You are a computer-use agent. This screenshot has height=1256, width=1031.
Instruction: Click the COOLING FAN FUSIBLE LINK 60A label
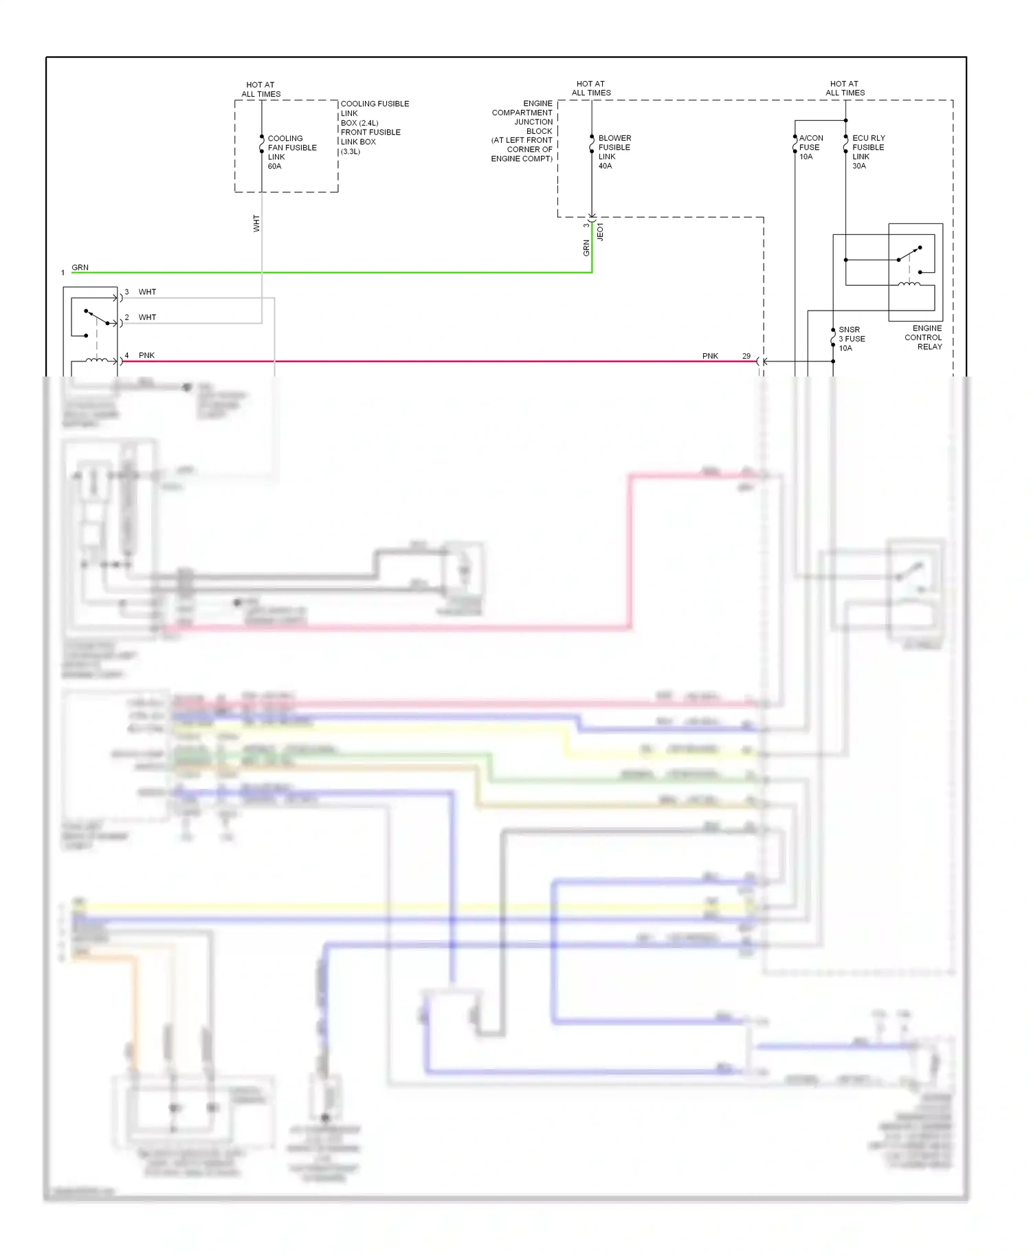[291, 152]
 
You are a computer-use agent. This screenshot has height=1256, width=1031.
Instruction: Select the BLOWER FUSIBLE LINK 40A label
[614, 152]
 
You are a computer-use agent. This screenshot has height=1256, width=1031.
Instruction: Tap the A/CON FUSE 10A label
[810, 147]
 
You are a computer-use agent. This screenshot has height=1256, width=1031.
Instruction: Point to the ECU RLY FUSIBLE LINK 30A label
[868, 152]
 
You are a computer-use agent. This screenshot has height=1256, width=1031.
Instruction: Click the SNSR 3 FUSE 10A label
[851, 339]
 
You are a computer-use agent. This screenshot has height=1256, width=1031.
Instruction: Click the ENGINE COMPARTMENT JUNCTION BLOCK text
[522, 131]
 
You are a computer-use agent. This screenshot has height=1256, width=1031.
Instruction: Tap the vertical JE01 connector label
[600, 232]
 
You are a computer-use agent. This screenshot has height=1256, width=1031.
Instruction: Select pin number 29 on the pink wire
[746, 356]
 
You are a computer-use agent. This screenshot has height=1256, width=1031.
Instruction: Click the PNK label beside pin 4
[146, 355]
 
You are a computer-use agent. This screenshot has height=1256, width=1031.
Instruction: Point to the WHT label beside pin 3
[147, 292]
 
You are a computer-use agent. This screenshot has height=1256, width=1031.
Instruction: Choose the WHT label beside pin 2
[147, 317]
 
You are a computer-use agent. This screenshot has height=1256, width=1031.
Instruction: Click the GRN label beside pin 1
[80, 267]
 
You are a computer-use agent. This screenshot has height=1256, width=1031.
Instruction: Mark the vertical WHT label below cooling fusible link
[256, 223]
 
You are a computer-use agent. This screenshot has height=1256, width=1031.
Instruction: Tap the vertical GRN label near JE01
[586, 247]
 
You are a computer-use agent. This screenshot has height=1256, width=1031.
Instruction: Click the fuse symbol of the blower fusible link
[592, 144]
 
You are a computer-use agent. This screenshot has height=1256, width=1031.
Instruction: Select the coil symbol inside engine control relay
[909, 283]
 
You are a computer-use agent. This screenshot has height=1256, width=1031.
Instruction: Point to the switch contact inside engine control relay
[909, 254]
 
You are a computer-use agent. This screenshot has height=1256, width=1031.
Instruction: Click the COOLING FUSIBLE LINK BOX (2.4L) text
[375, 113]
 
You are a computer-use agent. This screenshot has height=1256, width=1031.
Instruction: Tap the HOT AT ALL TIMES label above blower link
[591, 88]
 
